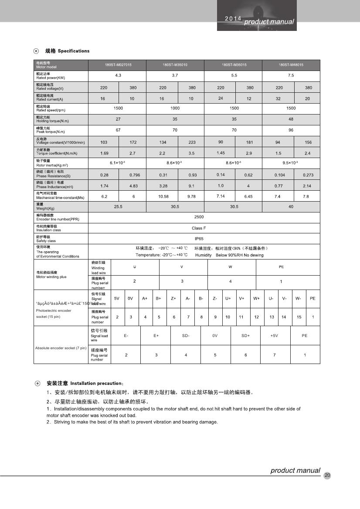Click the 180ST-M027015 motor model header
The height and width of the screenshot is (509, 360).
[118, 65]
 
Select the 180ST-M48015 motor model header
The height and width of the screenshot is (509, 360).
[291, 65]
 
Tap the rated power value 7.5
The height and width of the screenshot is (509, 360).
[291, 76]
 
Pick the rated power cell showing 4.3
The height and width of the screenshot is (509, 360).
[118, 76]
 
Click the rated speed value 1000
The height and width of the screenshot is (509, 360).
[175, 108]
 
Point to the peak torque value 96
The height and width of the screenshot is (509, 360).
[291, 130]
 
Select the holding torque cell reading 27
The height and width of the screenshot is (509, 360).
[118, 119]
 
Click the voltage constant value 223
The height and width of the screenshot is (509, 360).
[192, 142]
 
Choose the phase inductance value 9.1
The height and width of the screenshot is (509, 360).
[192, 186]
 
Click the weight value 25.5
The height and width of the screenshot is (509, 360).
[118, 207]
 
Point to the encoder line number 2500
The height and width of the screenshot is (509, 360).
[199, 217]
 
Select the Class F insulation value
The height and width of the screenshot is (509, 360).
[199, 228]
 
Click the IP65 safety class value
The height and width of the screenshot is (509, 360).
[199, 239]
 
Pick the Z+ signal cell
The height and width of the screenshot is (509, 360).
[173, 299]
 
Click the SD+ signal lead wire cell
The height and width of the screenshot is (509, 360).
[245, 336]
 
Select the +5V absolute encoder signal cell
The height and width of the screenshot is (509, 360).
[274, 336]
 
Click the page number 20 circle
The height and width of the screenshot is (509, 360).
[327, 475]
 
